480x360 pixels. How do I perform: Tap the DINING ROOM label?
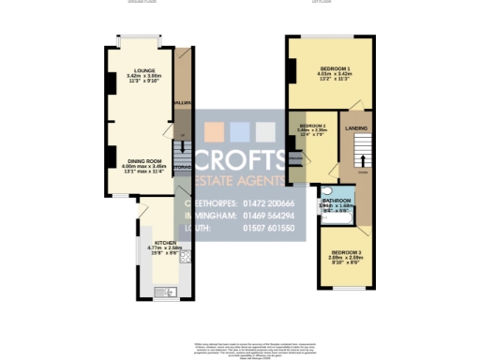point(141,161)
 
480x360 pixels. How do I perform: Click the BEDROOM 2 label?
point(312,126)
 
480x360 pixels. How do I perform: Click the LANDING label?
point(355,129)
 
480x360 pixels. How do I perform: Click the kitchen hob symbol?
point(185,256)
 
